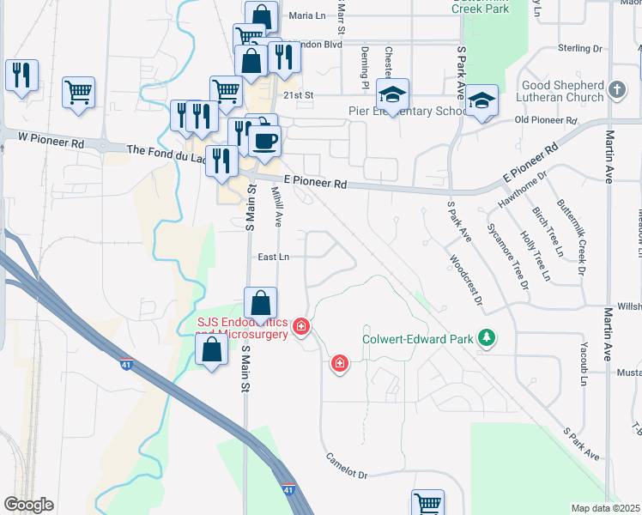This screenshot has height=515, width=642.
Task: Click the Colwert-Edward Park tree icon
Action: [488, 338]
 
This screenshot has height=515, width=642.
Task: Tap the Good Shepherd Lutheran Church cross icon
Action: [616, 89]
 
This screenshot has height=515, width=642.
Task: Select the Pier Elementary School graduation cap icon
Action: [393, 94]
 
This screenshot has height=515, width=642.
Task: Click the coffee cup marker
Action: [264, 140]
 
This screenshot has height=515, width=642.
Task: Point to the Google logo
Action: [28, 505]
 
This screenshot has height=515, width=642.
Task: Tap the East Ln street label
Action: [273, 257]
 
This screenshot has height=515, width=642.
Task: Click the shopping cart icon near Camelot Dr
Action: [427, 503]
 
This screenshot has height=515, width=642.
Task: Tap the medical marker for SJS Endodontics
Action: [301, 326]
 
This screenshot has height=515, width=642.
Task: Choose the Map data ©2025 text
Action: [605, 508]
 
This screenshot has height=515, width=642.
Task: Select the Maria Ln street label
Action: [309, 15]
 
